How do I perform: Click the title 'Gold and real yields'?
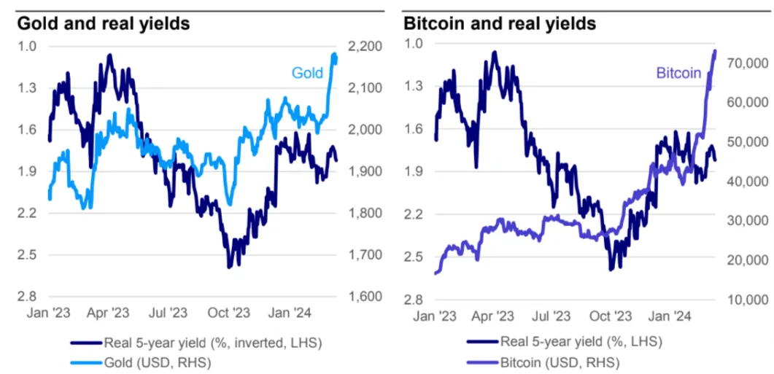point(104,23)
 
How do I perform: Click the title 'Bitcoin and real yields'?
point(500,23)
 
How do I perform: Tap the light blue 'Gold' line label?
point(307,73)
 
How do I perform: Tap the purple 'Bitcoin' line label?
point(678,73)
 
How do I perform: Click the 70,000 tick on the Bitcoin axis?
point(744,63)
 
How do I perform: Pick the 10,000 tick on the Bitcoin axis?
point(744,300)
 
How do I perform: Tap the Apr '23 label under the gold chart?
point(109,313)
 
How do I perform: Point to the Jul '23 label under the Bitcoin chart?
point(551,317)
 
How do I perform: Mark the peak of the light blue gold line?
point(334,55)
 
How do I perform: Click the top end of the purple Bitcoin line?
point(715,51)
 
